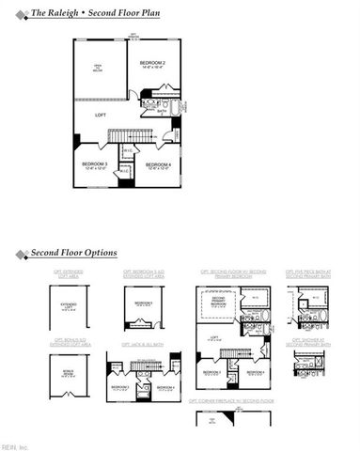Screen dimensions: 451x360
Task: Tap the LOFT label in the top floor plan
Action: click(x=101, y=115)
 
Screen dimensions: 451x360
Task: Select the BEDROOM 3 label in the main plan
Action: click(x=94, y=166)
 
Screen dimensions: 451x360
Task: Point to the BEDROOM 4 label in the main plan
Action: click(x=157, y=166)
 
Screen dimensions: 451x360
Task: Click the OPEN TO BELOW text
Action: click(x=96, y=69)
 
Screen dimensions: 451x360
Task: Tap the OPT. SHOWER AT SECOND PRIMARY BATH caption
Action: click(x=310, y=342)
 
